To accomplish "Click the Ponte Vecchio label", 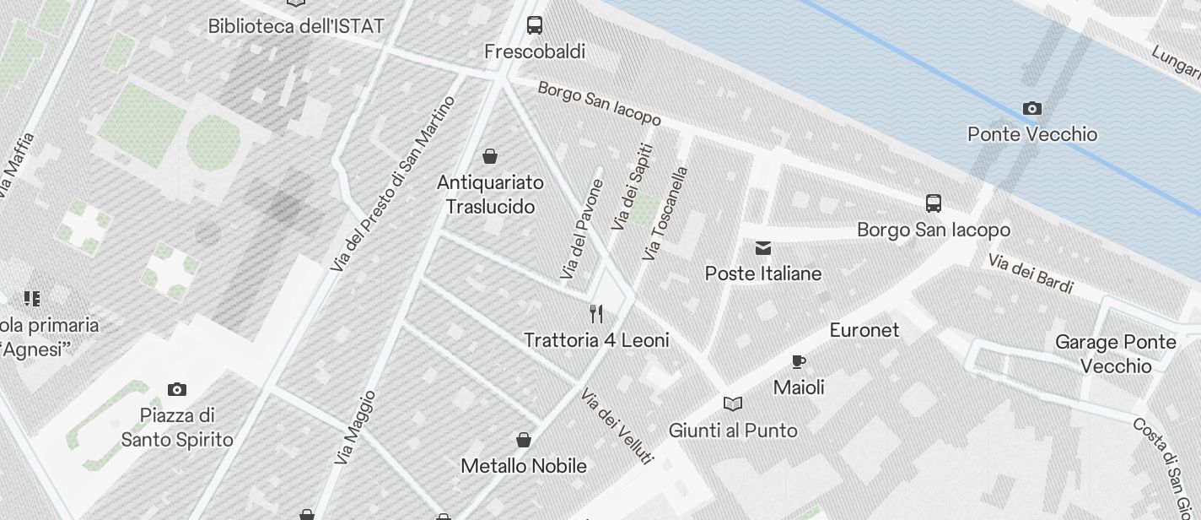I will click(x=1032, y=134).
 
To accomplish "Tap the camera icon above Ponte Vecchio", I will click(x=1031, y=108).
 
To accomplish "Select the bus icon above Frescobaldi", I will click(x=535, y=25).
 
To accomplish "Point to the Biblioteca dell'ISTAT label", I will click(x=296, y=26).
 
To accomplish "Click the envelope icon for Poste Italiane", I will click(x=763, y=248).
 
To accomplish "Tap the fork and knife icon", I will click(x=596, y=314).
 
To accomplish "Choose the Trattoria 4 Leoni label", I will click(x=596, y=340).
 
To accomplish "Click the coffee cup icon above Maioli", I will click(x=799, y=362).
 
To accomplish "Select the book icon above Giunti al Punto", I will click(x=733, y=404).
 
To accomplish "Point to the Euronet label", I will click(x=864, y=330).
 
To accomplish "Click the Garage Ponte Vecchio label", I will click(x=1115, y=354).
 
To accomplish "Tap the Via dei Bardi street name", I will click(x=1031, y=274).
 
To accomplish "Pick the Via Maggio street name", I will click(x=355, y=428).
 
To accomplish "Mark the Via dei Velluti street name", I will click(x=617, y=425).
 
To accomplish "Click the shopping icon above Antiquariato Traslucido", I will click(x=489, y=156).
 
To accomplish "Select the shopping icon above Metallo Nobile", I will click(x=523, y=440).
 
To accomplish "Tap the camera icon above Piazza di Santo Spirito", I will click(x=177, y=389).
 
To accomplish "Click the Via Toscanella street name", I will click(x=666, y=213).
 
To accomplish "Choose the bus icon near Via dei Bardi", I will click(x=933, y=203).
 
